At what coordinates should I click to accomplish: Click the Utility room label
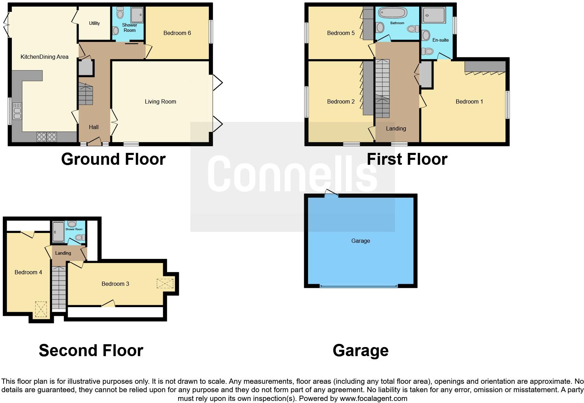(94, 23)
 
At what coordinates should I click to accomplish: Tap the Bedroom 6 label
(177, 33)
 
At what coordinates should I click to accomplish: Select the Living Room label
(160, 102)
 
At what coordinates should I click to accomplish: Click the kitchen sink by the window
(17, 111)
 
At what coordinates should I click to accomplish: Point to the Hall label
(94, 127)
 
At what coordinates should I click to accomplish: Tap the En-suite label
(440, 40)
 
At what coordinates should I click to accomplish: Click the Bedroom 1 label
(469, 102)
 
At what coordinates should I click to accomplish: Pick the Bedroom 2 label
(341, 102)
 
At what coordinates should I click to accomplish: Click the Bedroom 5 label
(341, 33)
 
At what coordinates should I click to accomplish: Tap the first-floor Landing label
(396, 129)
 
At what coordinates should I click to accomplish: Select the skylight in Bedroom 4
(41, 309)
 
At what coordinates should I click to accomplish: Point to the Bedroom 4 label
(28, 273)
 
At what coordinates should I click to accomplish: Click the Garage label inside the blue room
(360, 241)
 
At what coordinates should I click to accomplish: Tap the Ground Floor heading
(113, 159)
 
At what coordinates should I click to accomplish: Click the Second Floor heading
(91, 351)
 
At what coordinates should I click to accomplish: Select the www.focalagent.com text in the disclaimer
(373, 398)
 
